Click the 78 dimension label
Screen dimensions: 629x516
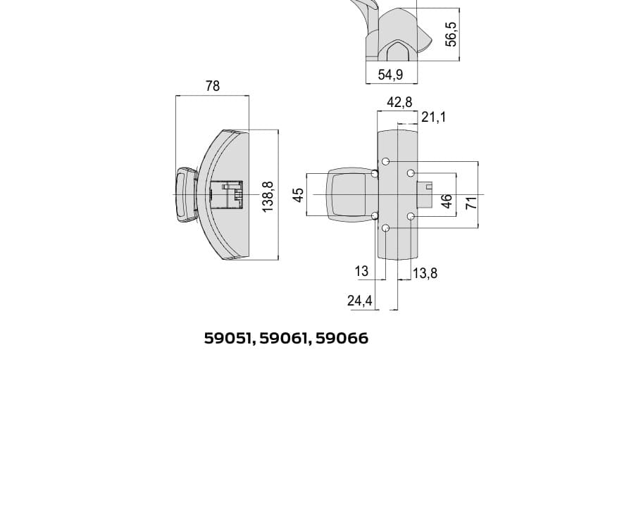213,86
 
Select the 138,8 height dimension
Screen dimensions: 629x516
268,197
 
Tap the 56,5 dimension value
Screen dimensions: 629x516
451,34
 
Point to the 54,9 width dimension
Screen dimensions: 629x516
390,75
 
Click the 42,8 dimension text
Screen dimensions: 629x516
399,102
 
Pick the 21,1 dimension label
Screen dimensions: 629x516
433,118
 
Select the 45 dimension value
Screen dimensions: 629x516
299,195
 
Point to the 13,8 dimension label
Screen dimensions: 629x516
425,274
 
